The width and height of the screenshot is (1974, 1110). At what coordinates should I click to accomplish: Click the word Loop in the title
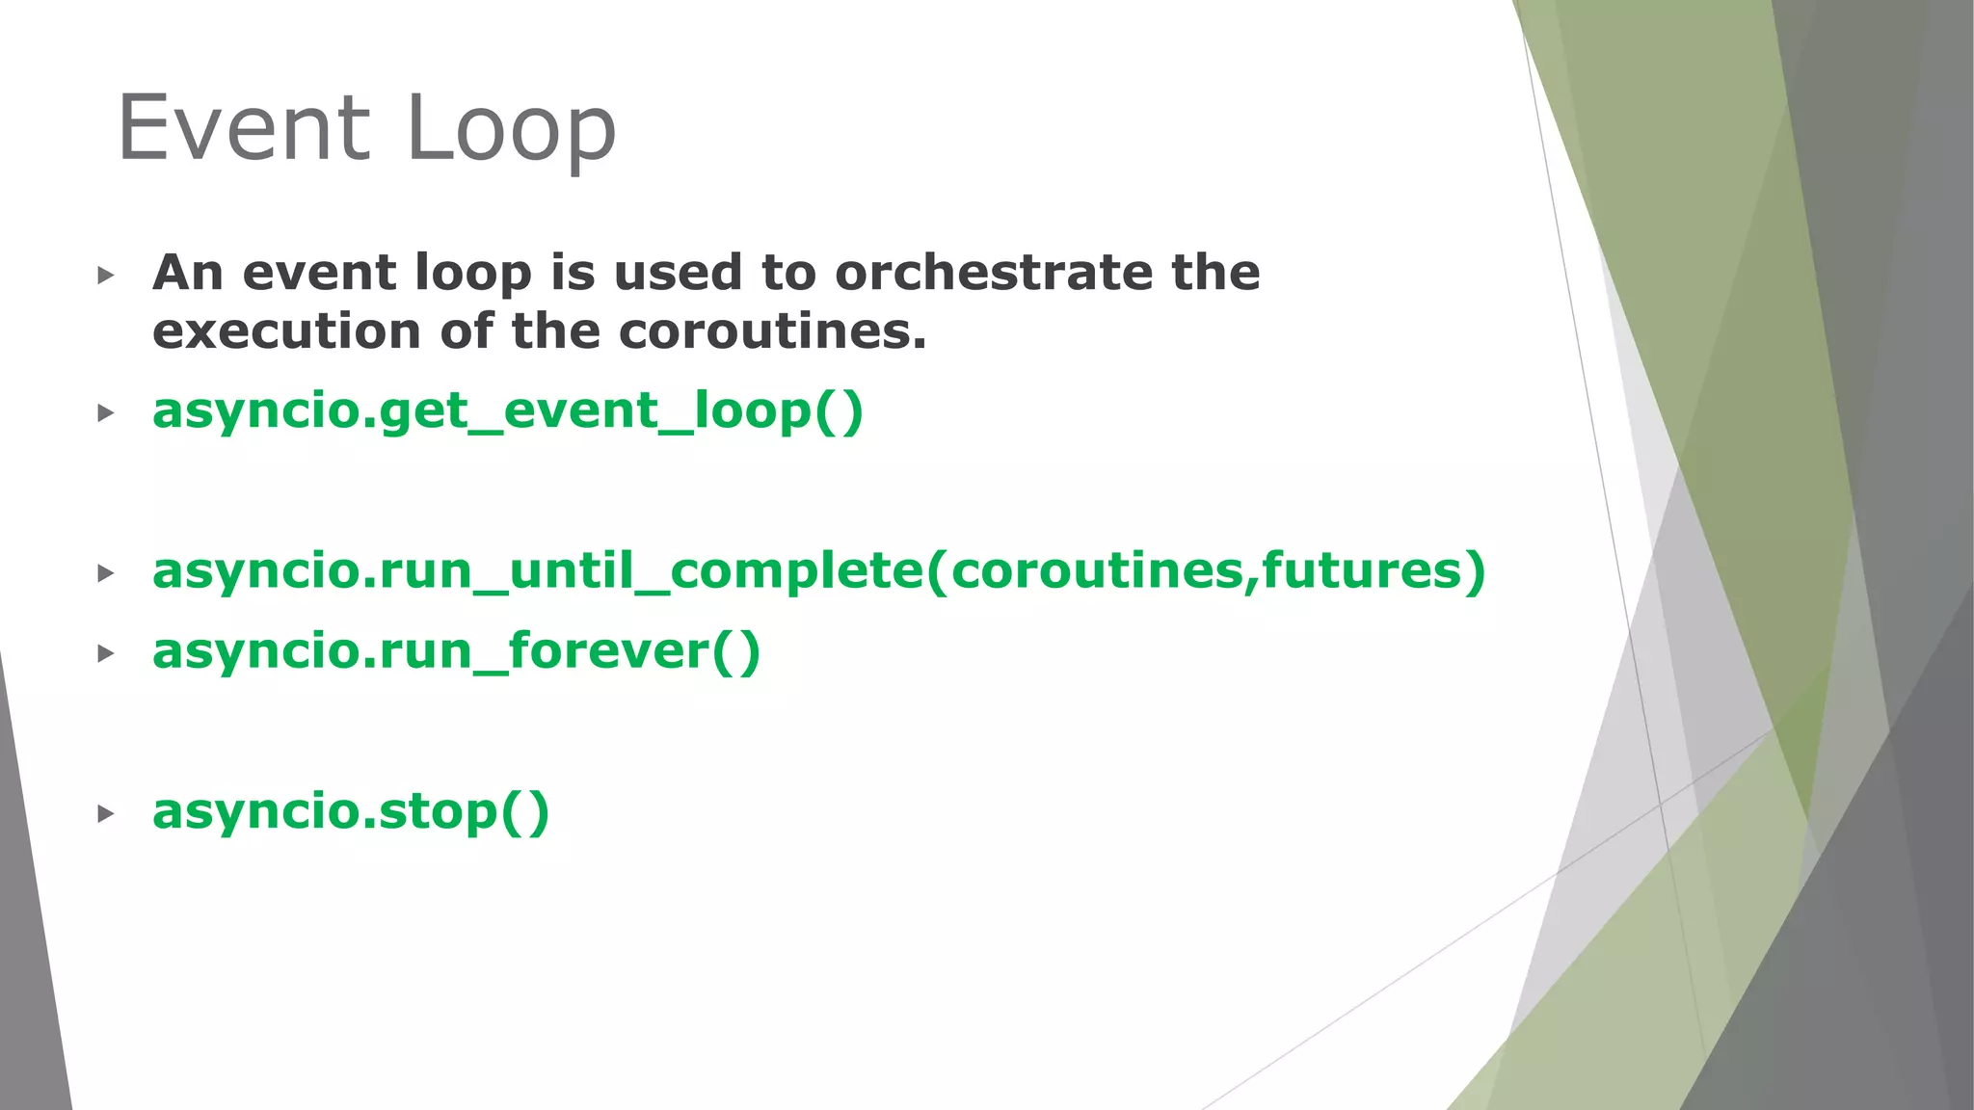510,130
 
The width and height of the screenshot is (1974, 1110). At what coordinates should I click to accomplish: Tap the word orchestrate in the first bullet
992,273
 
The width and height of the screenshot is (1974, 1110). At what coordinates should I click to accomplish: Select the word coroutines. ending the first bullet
771,331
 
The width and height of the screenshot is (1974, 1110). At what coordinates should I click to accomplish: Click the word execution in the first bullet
286,331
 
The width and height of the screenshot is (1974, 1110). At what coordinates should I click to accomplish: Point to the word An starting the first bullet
187,273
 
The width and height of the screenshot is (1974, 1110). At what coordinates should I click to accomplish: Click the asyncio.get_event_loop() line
507,411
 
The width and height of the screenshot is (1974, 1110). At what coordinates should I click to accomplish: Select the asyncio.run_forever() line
456,651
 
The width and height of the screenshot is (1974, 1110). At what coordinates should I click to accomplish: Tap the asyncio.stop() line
350,811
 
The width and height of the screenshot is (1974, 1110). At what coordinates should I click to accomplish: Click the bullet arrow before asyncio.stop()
106,814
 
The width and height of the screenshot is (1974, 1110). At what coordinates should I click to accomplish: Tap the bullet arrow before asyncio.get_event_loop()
106,413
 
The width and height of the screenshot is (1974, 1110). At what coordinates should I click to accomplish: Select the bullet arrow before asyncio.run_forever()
106,654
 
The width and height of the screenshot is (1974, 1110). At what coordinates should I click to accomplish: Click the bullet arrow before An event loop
106,276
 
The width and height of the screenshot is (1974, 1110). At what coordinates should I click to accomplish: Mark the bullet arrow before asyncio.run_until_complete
106,574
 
